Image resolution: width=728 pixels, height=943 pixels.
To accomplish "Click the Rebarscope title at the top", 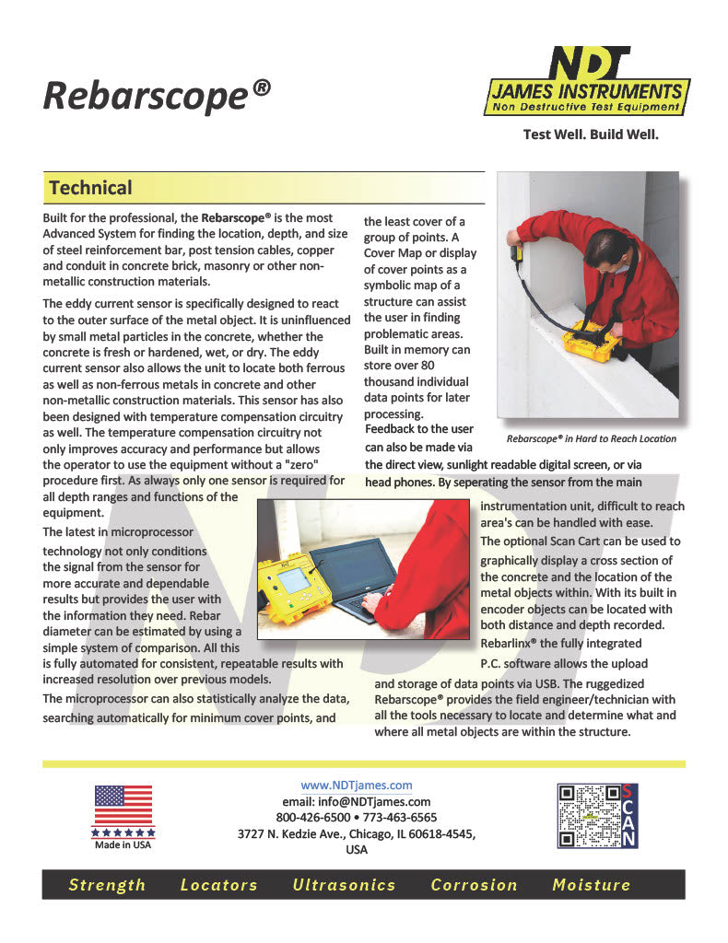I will coord(157,95).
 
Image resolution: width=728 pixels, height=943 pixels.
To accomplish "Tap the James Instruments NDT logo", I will coord(586,83).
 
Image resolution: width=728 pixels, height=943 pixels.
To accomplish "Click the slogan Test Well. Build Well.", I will coord(591,134).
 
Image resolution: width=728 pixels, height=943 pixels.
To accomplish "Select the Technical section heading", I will coord(90,188).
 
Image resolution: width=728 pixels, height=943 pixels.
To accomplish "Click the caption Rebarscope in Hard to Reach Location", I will coord(591,438).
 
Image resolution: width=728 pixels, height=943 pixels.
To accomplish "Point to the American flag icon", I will coord(123,805).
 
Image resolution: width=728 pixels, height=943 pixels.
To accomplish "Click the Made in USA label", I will coord(123,845).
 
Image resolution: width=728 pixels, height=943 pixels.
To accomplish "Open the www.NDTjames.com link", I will coord(357,786).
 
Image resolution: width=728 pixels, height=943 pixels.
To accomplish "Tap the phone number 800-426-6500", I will coord(313,817).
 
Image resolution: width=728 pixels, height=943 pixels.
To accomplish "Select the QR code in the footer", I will coord(587,815).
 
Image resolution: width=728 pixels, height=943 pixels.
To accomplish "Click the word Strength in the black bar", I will coord(107,885).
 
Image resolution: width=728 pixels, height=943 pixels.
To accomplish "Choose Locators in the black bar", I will coord(218,885).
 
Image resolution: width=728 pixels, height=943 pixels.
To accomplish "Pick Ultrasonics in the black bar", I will coord(344,885).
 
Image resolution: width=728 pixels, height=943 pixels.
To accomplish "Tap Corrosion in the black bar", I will coord(474,885).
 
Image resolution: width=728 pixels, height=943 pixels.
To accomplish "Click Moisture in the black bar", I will coord(591,885).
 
